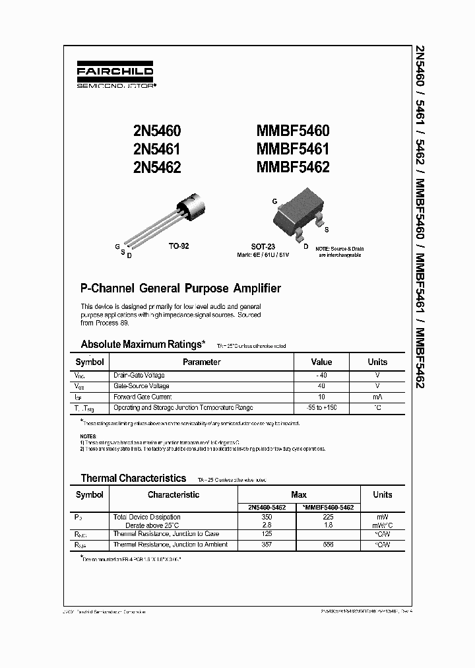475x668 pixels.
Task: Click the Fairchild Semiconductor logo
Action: point(115,76)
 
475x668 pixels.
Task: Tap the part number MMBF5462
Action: point(293,167)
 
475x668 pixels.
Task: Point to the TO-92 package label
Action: point(179,246)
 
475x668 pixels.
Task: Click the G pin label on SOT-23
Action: point(274,200)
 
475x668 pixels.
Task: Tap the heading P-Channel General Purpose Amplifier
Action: point(180,288)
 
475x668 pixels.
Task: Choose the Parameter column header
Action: point(201,362)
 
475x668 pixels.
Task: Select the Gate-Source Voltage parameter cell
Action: point(141,385)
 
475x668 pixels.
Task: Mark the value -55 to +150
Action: point(321,407)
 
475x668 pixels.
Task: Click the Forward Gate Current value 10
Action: point(321,397)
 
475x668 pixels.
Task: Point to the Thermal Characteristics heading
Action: point(133,478)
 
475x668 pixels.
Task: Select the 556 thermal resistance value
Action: point(328,545)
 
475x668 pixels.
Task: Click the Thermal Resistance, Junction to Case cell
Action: point(166,534)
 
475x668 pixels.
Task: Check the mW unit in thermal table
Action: point(382,517)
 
